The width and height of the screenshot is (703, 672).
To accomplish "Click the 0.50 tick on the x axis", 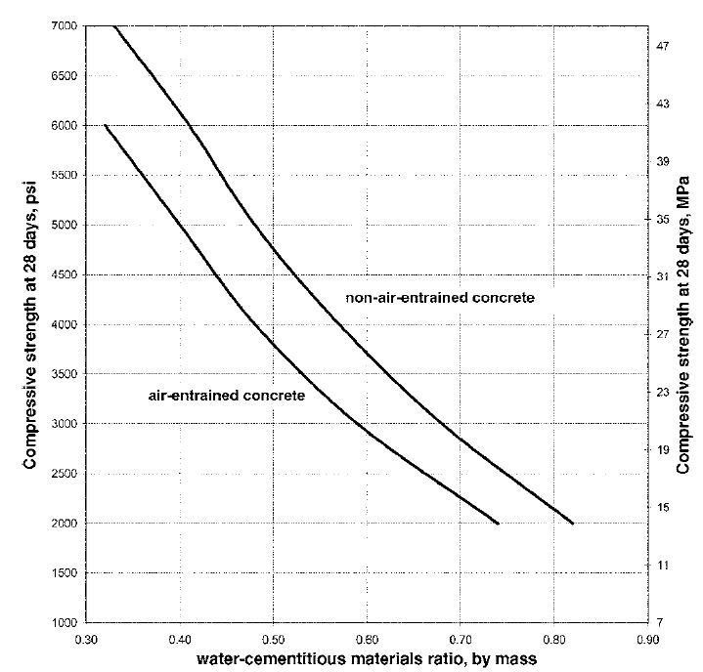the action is click(273, 640).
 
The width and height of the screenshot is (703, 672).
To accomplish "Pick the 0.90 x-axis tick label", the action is click(648, 640).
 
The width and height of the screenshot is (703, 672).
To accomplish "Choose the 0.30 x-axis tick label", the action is click(86, 640).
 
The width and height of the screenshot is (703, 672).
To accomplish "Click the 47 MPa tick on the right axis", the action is click(663, 46).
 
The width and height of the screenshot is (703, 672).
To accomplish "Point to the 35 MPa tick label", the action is click(663, 220).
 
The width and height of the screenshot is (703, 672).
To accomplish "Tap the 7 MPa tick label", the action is click(660, 623).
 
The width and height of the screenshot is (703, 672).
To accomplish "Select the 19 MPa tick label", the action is click(663, 450).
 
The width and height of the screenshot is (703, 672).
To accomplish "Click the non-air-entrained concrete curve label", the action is click(440, 298).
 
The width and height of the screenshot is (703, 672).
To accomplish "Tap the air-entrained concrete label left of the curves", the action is click(227, 396).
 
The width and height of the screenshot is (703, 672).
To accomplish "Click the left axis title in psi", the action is click(30, 325).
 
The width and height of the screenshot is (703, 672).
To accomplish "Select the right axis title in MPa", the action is click(682, 325).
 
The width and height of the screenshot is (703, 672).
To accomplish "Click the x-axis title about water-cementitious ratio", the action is click(367, 659).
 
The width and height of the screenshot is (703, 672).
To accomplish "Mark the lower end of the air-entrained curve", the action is click(498, 524).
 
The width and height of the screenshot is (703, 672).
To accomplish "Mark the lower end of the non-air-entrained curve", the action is click(573, 524).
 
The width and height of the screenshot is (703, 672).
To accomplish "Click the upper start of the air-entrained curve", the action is click(105, 125).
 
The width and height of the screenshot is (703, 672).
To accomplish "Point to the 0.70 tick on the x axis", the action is click(461, 640).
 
